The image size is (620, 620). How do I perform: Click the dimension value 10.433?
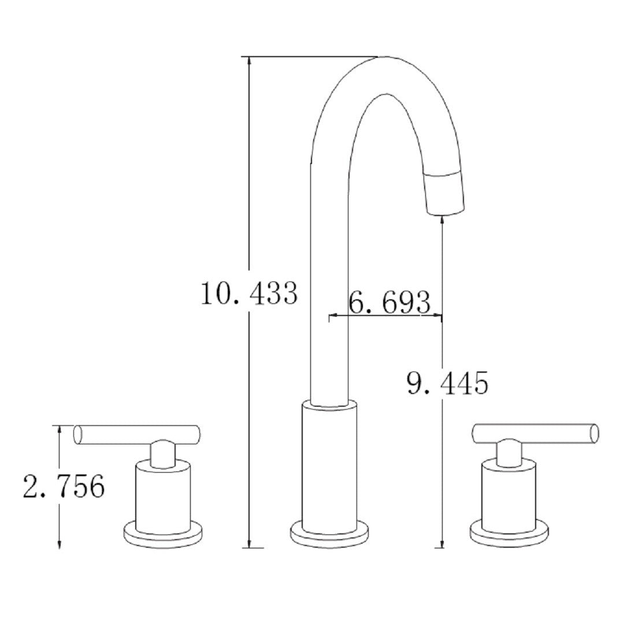pos(248,294)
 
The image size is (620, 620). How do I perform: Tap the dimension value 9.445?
pos(447,383)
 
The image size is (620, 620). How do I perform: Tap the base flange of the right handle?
pos(508,534)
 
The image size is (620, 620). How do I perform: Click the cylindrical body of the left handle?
pos(162,495)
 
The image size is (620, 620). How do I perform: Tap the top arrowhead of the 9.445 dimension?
pos(443,219)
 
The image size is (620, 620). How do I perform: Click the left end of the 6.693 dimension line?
pos(331,316)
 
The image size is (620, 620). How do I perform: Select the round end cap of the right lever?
pos(593,433)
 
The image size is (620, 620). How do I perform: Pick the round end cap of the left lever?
pos(79,435)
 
